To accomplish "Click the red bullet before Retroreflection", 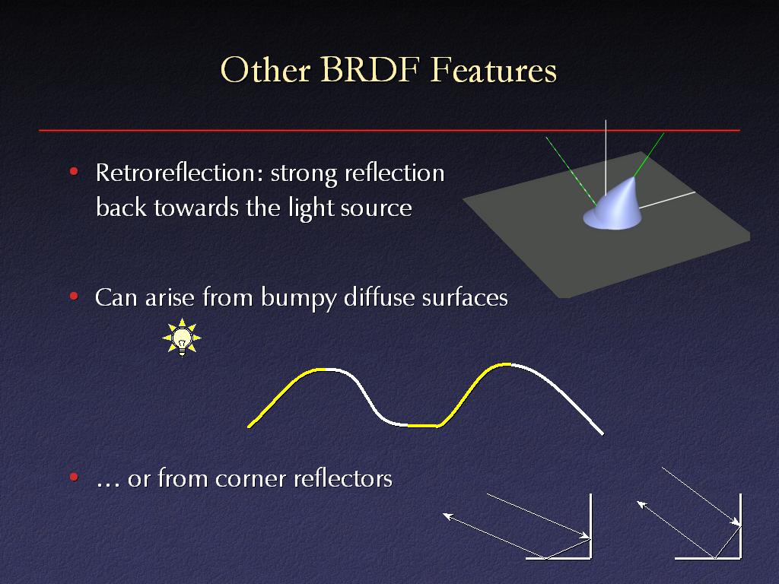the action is click(x=74, y=172).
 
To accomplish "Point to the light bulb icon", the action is click(x=182, y=337).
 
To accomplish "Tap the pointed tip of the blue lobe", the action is click(x=634, y=177).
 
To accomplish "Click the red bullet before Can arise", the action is click(x=74, y=297).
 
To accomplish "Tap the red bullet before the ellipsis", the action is click(x=74, y=478).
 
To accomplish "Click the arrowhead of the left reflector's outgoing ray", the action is click(x=446, y=516).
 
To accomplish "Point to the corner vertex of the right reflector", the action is click(x=740, y=557).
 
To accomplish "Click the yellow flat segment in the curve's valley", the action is click(x=422, y=426).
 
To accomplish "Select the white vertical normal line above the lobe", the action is click(x=606, y=158).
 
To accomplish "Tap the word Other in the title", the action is click(x=265, y=69).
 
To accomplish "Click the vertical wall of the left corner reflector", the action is click(x=590, y=525).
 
